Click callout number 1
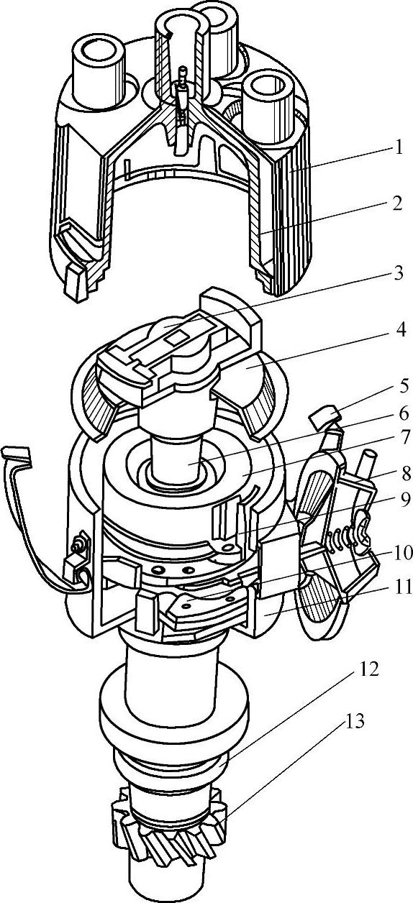tap(398, 147)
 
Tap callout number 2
tap(397, 203)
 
